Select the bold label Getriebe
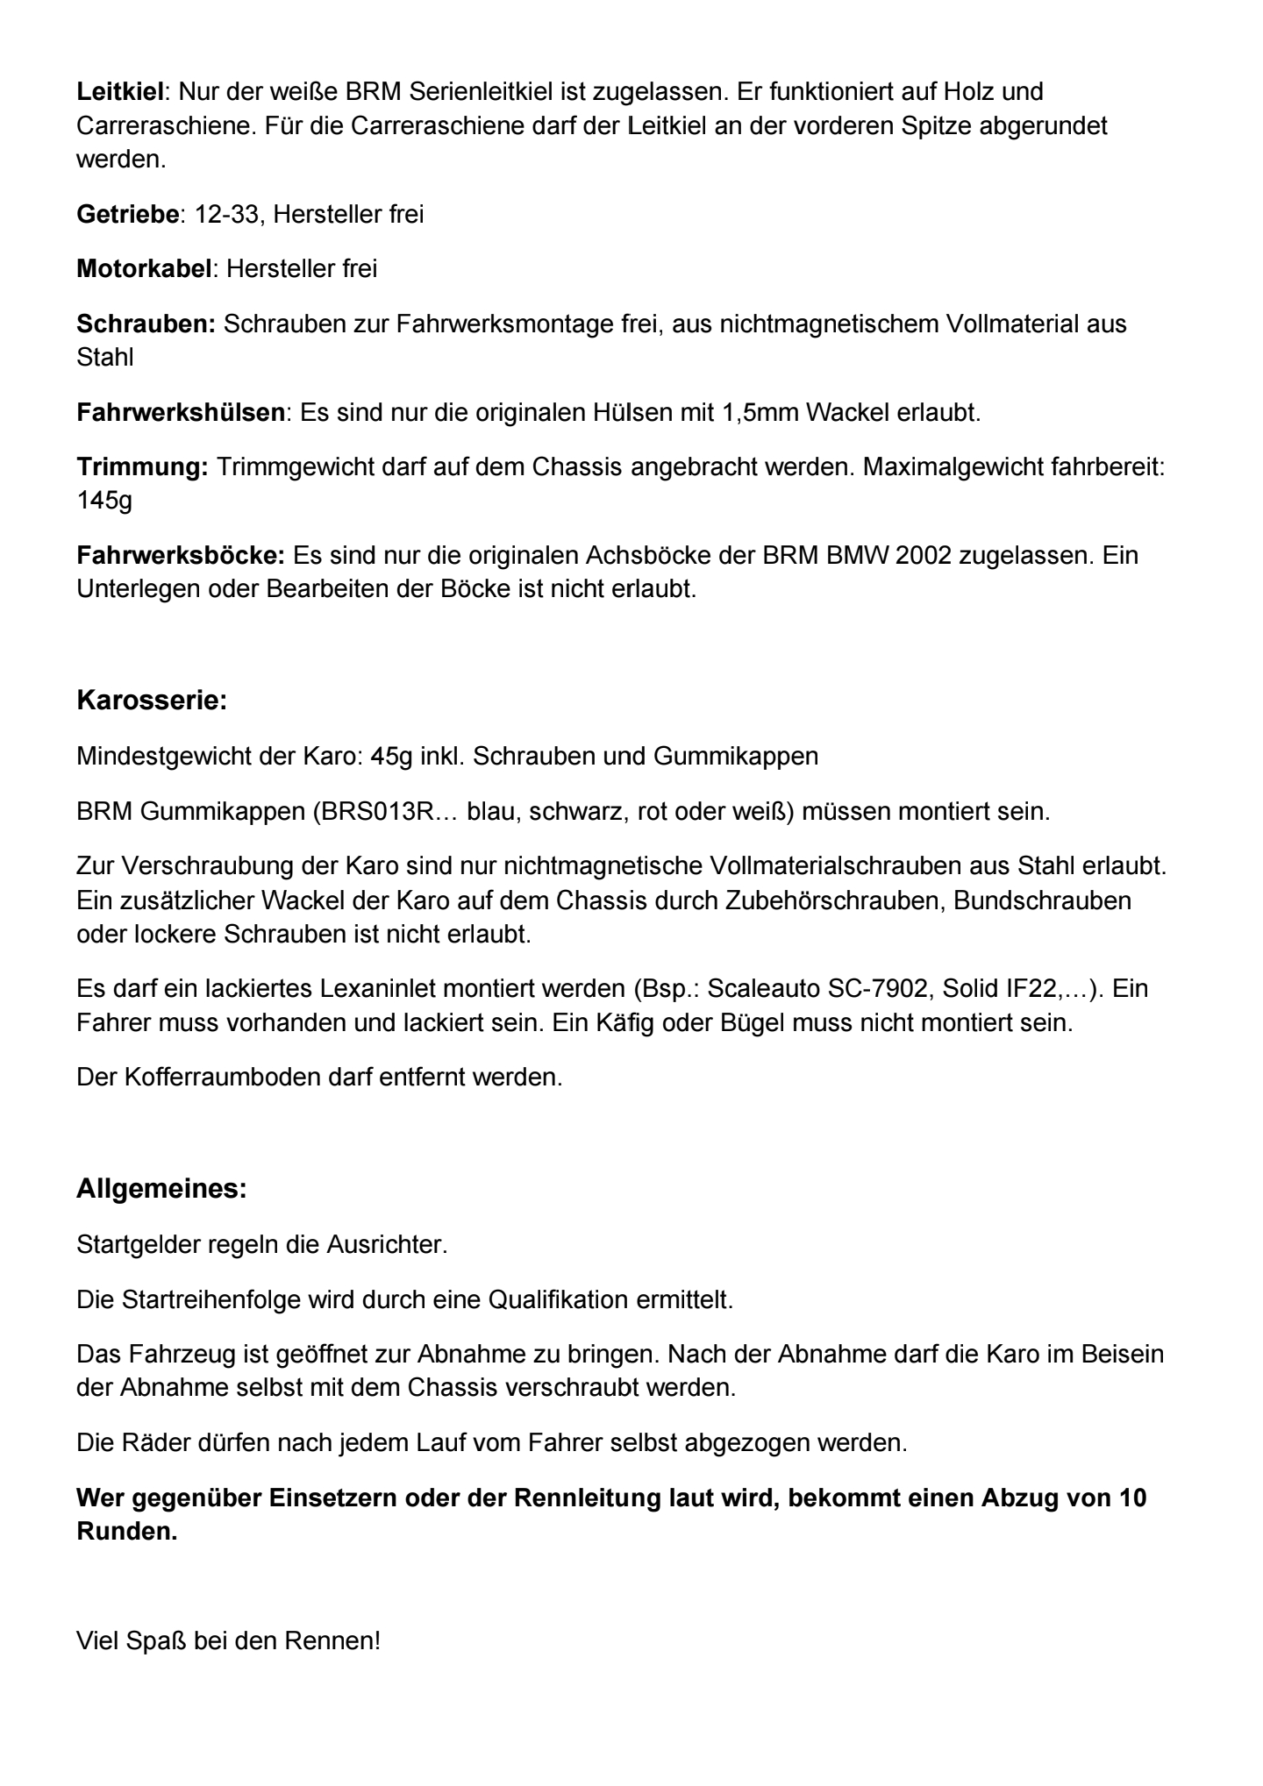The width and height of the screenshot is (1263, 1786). [127, 214]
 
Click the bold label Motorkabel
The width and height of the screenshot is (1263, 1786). [144, 268]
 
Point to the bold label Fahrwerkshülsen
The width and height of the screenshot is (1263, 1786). [181, 412]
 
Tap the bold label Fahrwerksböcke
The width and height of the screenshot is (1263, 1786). [181, 555]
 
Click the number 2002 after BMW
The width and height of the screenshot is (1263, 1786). [924, 555]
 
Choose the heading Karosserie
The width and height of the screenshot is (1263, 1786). [152, 701]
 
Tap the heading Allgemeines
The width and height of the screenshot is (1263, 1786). [161, 1190]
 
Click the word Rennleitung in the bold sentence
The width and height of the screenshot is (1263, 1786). [586, 1498]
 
